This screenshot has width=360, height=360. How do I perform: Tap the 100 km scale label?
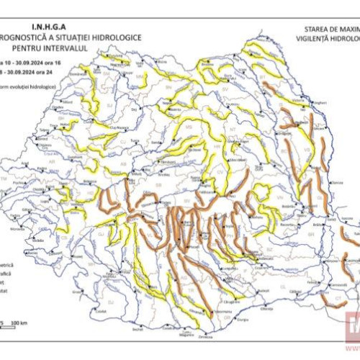19,321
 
